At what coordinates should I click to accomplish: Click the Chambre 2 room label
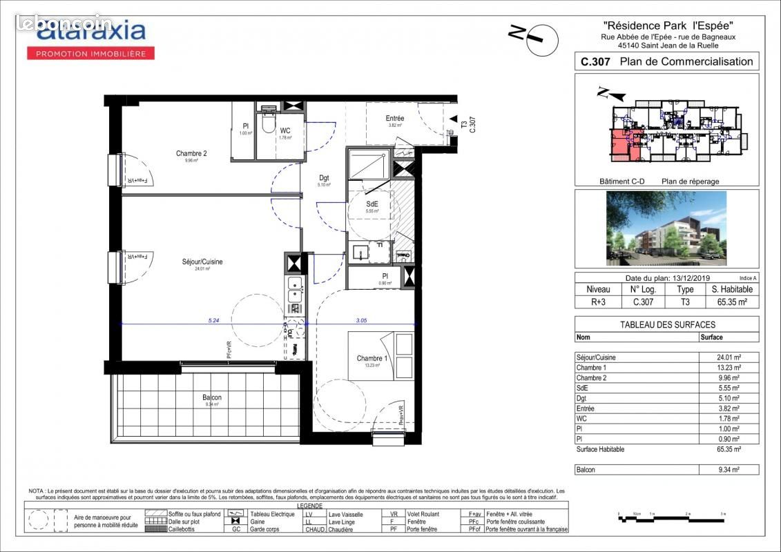pos(191,154)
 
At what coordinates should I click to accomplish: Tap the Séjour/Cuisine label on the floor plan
pos(202,262)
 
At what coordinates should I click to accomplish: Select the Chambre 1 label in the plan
pos(372,358)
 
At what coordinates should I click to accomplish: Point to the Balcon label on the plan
pos(212,398)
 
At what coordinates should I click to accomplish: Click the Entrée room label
pos(395,119)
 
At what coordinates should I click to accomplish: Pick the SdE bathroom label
pos(372,204)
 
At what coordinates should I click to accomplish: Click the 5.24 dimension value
pos(214,320)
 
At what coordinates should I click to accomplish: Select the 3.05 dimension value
pos(361,320)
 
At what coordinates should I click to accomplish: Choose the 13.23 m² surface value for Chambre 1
pos(729,368)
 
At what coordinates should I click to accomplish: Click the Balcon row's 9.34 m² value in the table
pos(729,470)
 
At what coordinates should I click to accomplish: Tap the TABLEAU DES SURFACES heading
pos(666,324)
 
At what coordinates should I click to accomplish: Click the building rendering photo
pos(666,228)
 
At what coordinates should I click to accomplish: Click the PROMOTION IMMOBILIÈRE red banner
pos(90,53)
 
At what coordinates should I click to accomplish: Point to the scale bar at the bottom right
pos(671,515)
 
